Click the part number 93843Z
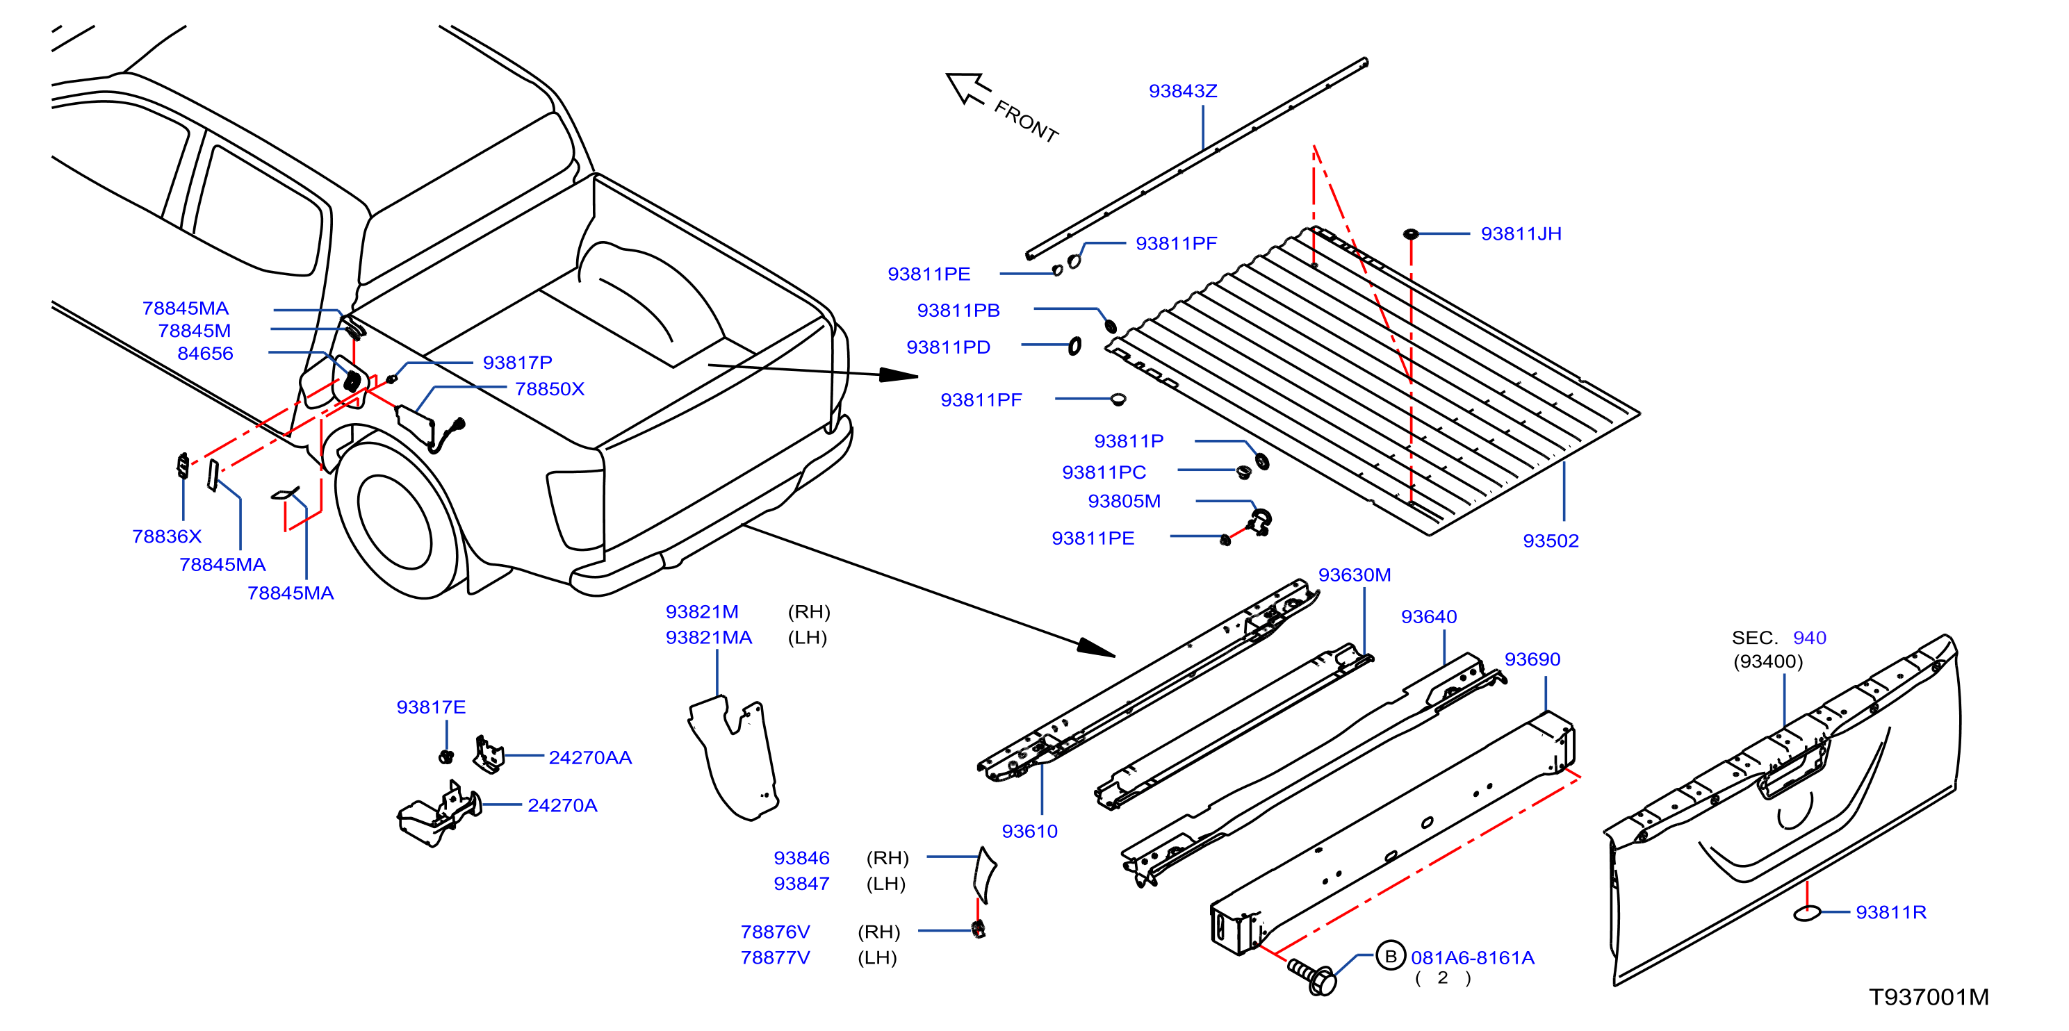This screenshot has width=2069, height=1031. pos(1182,91)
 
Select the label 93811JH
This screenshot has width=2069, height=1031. pos(1521,233)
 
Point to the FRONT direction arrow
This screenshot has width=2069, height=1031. pos(968,88)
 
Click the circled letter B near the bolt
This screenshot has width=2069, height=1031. pos(1390,955)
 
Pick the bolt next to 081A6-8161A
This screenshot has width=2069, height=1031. pos(1311,976)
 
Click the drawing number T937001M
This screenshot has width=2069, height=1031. pos(1929,996)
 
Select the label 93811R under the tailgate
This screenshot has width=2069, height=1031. pos(1890,912)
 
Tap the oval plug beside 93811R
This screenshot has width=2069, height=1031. pos(1806,913)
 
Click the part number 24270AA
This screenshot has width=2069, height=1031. pos(589,757)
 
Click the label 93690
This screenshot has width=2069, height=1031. pos(1532,659)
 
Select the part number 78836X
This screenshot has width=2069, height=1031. pos(166,536)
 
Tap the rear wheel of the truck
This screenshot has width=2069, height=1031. pos(397,522)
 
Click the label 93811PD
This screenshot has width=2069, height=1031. pos(948,347)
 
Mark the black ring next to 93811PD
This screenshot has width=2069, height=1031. pos(1074,345)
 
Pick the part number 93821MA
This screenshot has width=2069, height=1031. pos(708,638)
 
